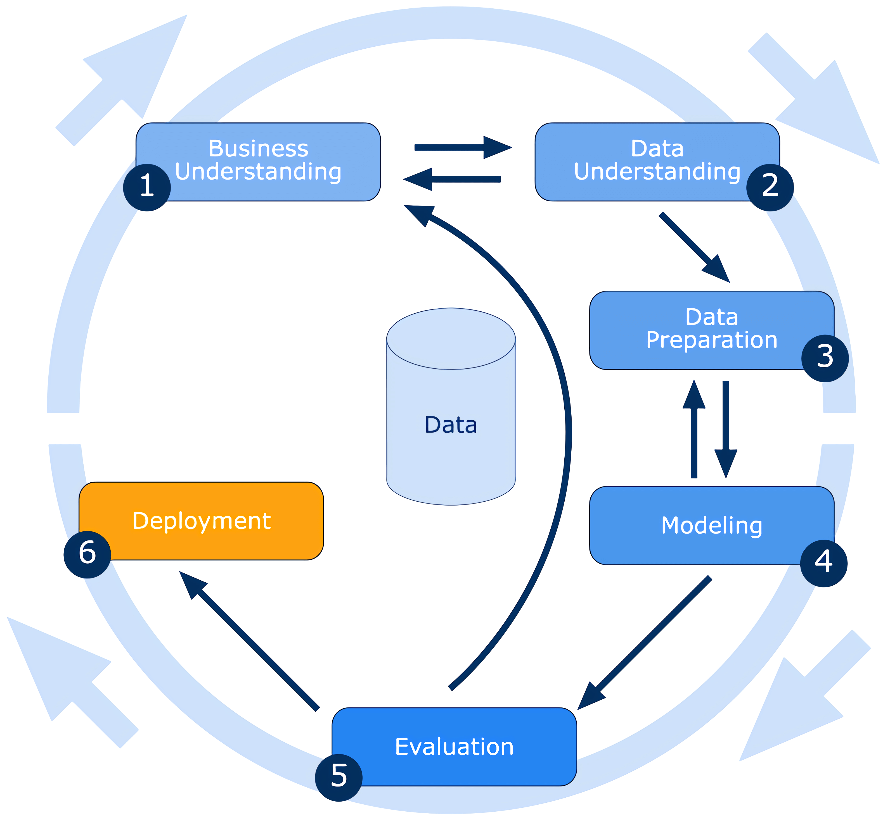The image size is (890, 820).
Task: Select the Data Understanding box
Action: pyautogui.click(x=657, y=162)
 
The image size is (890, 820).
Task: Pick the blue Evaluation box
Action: pyautogui.click(x=454, y=747)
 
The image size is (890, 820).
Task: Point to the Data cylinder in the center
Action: pyautogui.click(x=451, y=406)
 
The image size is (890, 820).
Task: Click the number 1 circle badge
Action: pyautogui.click(x=147, y=187)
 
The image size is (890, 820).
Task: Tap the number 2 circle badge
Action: pyautogui.click(x=770, y=187)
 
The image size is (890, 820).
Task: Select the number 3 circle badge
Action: pyautogui.click(x=825, y=358)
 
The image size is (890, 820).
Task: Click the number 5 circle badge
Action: pyautogui.click(x=339, y=777)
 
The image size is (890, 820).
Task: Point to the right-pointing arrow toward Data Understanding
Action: pyautogui.click(x=462, y=147)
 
